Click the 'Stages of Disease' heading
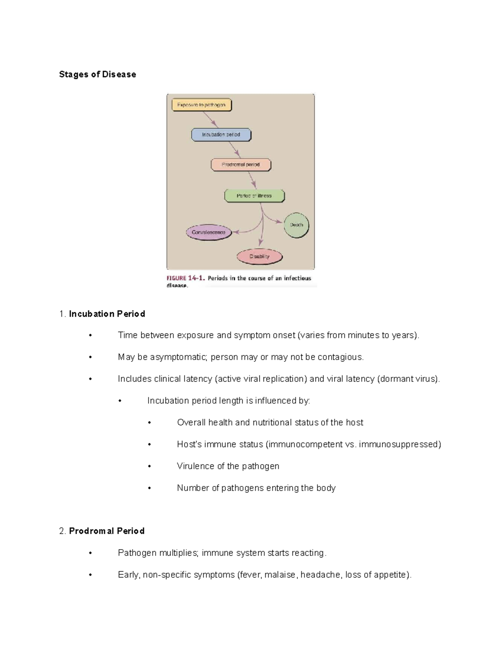(x=97, y=74)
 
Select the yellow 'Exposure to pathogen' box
(x=201, y=105)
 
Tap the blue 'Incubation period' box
(x=221, y=135)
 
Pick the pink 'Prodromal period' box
(x=241, y=165)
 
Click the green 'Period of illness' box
(x=254, y=196)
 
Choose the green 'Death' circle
(x=296, y=225)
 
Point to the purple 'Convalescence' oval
(x=208, y=232)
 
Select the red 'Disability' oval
(x=259, y=257)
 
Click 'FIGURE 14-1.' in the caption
(x=185, y=278)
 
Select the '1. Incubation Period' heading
(x=102, y=314)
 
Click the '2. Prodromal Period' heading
(x=102, y=531)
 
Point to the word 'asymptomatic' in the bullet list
(x=178, y=357)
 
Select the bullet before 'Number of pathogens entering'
(x=149, y=488)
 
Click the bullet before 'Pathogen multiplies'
(x=90, y=553)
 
